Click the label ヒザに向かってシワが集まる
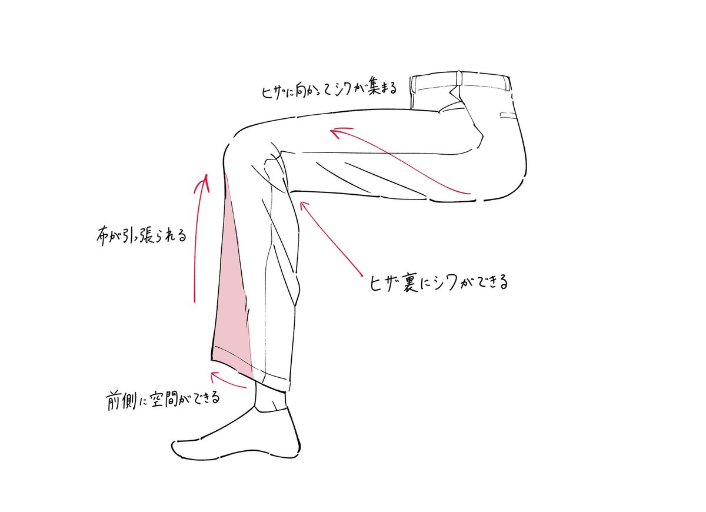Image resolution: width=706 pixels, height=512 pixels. pos(328,91)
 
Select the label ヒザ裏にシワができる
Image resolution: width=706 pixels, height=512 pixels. pos(436,281)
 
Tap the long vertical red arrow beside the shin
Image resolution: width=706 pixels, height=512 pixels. pos(199,235)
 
